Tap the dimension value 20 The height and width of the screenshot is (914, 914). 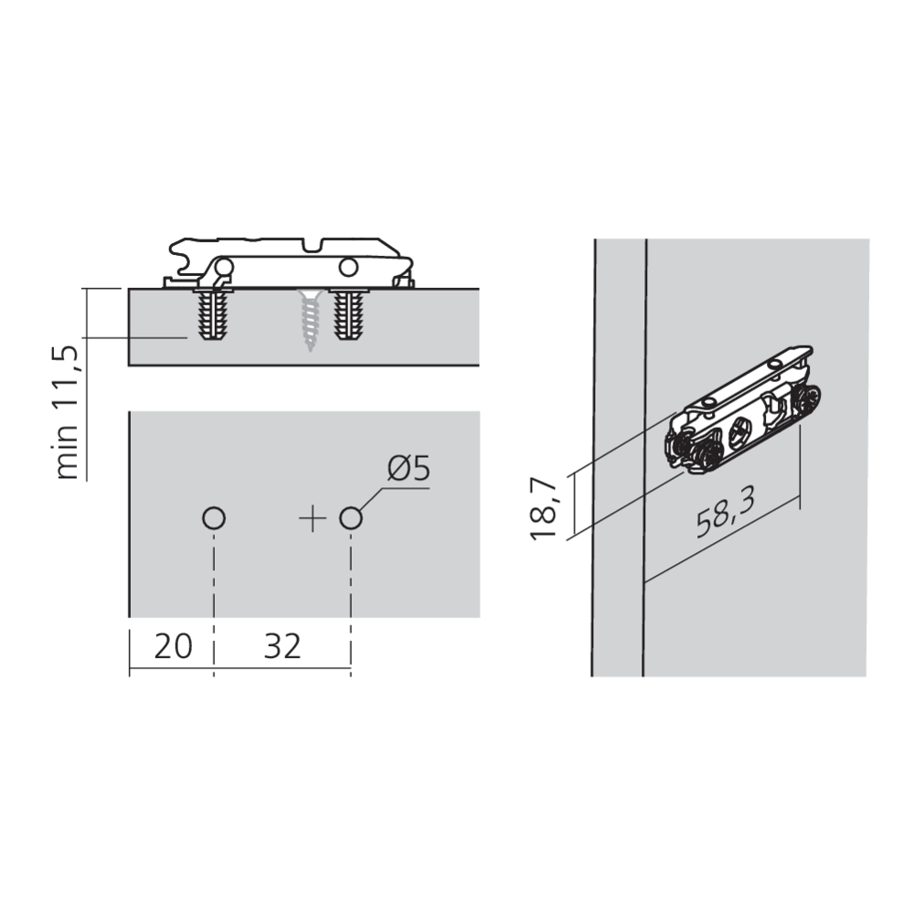(173, 646)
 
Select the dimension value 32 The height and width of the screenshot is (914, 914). (282, 646)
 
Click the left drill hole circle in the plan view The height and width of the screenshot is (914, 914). (213, 519)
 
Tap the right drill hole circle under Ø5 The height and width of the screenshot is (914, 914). (350, 519)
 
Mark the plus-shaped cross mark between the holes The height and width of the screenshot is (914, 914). (313, 519)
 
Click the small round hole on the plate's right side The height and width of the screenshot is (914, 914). (346, 267)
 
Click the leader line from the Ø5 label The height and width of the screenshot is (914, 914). (384, 494)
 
